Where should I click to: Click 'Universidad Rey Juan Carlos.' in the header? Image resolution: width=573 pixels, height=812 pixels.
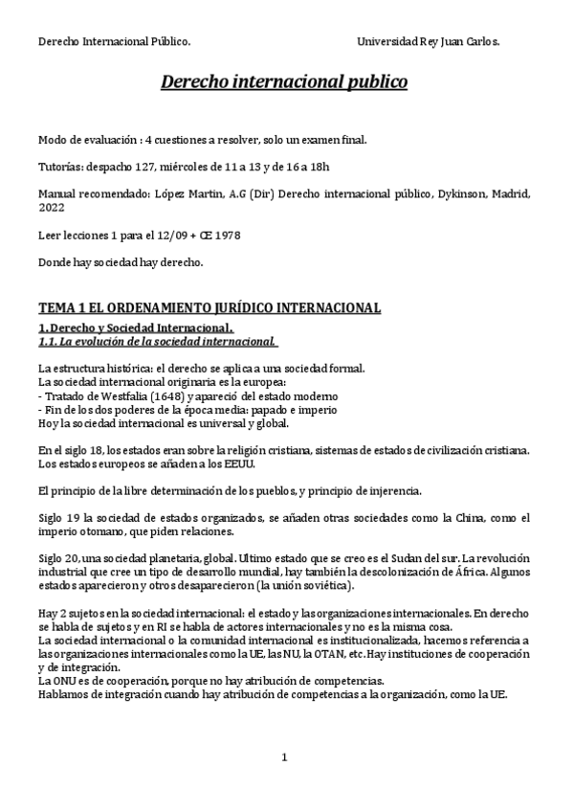pos(428,42)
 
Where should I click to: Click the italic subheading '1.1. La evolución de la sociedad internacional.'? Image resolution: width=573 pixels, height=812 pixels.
pos(157,340)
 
